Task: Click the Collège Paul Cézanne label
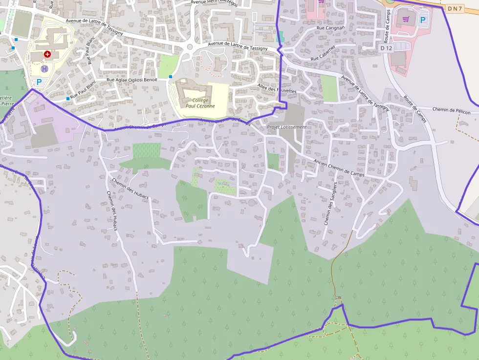[200, 103]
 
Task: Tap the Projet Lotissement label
[287, 127]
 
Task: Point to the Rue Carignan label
[331, 28]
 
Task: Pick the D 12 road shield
[386, 48]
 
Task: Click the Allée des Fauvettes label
[277, 88]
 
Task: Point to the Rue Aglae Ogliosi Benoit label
[132, 80]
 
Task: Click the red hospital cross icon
[47, 54]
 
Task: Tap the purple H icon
[44, 69]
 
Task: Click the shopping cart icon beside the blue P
[406, 19]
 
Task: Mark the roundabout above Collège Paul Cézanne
[190, 47]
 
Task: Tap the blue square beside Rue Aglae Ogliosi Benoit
[170, 77]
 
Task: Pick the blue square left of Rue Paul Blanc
[67, 99]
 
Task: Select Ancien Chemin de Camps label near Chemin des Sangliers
[339, 167]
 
